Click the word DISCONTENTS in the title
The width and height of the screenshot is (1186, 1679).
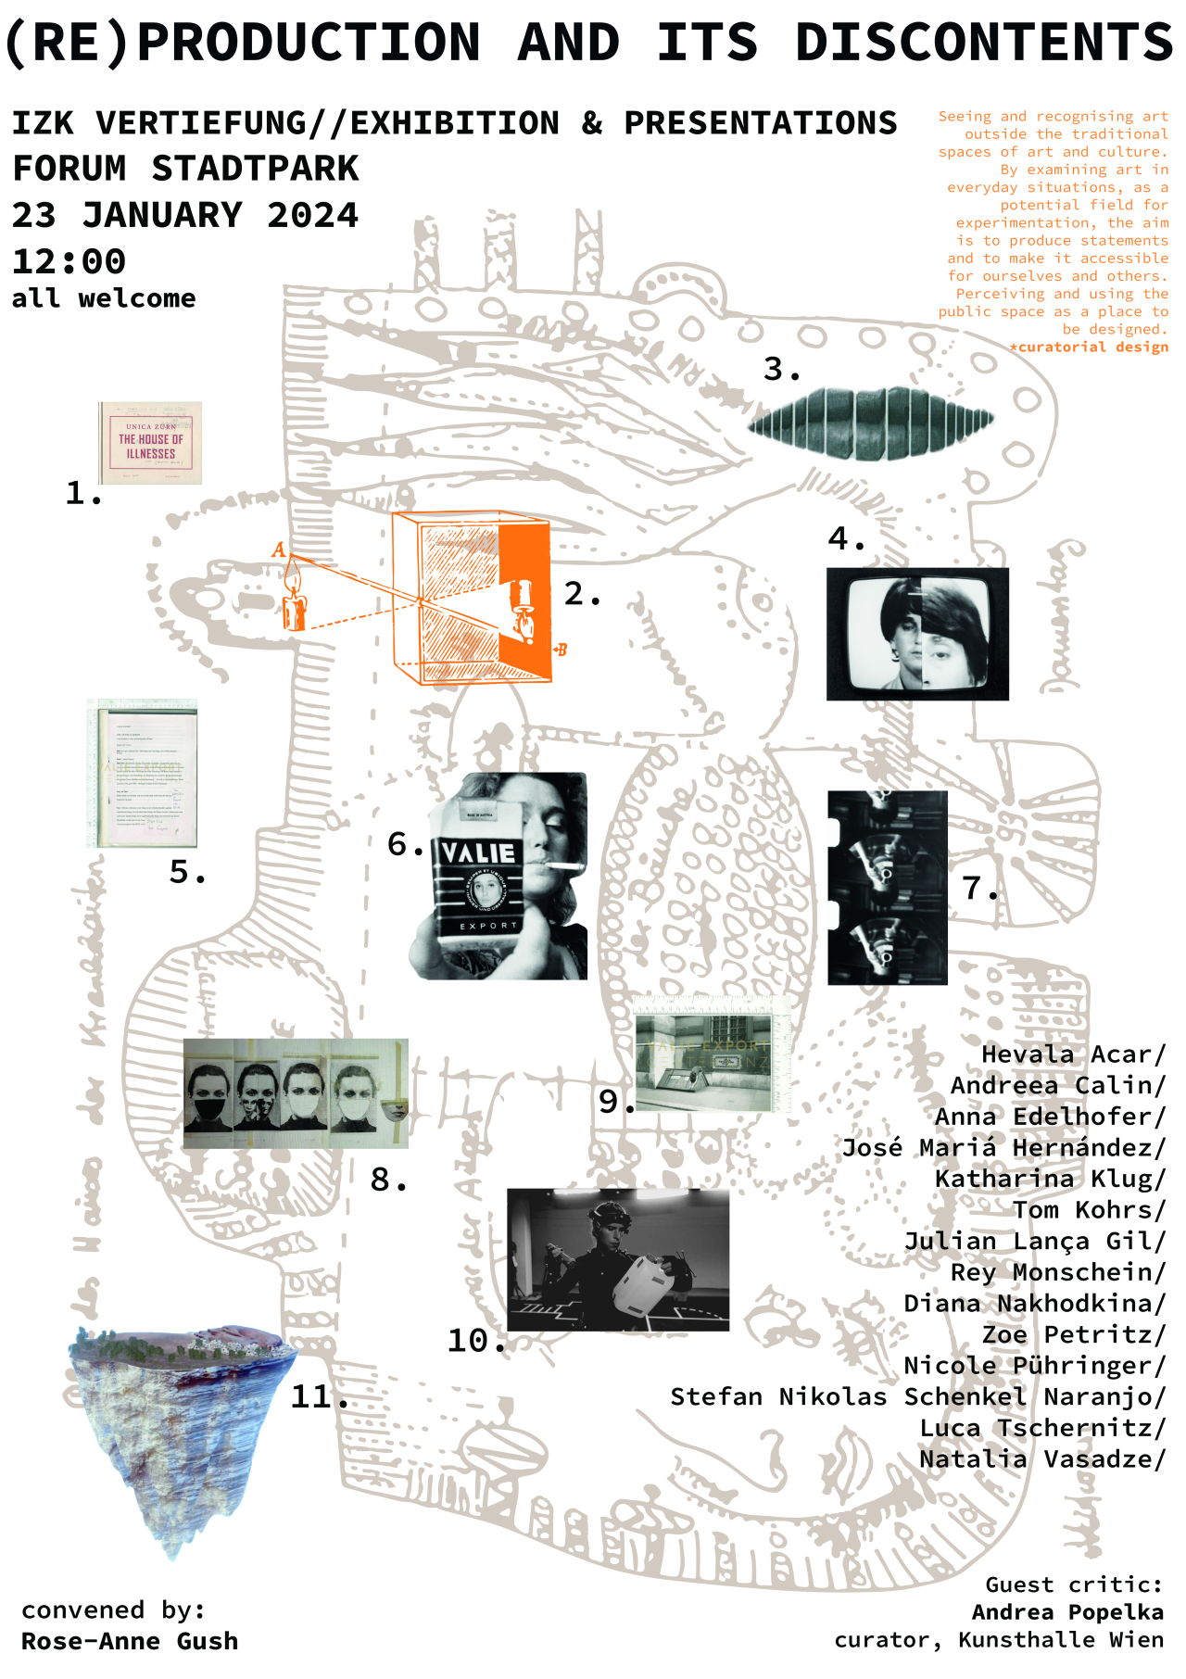click(984, 43)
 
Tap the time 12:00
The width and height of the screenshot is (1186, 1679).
click(69, 261)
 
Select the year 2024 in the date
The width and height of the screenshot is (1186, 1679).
click(312, 215)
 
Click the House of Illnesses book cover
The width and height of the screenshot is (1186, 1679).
click(150, 443)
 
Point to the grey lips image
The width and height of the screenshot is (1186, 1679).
click(871, 423)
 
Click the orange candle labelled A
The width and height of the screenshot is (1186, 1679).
click(294, 600)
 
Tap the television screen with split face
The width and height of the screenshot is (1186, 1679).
click(917, 634)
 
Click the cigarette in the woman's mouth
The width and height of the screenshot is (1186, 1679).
click(564, 867)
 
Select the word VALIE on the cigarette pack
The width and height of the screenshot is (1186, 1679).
click(478, 852)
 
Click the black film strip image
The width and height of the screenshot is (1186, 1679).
click(887, 887)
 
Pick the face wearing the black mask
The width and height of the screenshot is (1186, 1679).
click(209, 1093)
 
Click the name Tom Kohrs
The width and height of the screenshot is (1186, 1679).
click(1088, 1210)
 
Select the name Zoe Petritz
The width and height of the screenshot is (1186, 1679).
click(1072, 1334)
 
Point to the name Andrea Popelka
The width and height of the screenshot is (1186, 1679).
click(1067, 1612)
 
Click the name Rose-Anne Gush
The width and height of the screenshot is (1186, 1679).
click(130, 1641)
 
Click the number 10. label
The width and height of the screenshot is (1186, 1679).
click(475, 1341)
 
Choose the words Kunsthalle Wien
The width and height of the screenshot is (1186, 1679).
click(1061, 1640)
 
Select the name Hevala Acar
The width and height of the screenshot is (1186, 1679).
click(1072, 1054)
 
